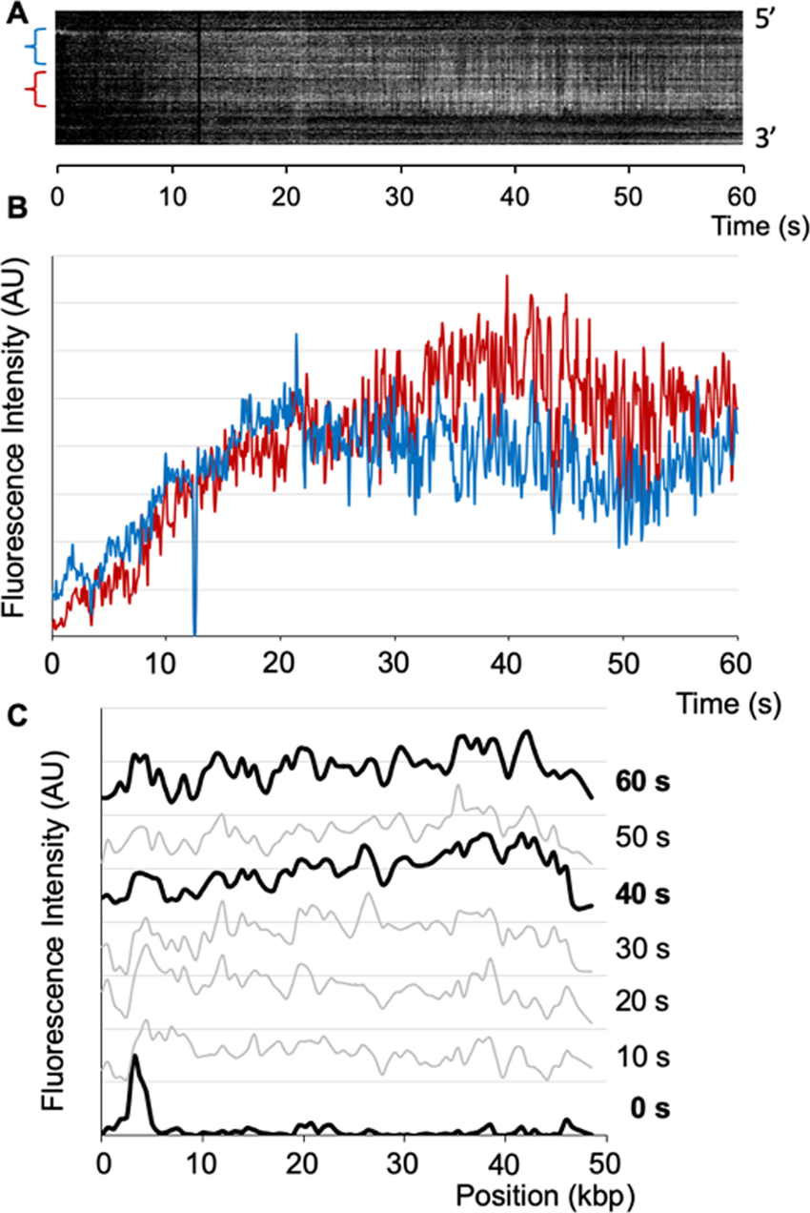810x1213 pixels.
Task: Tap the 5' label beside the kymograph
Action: point(767,19)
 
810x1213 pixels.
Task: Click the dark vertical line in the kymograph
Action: point(199,76)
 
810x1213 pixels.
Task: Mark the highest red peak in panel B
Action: point(507,278)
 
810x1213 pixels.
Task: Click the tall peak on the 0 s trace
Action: point(136,1059)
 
